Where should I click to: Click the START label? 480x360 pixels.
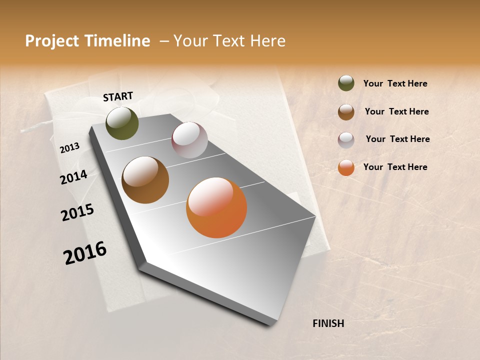118,96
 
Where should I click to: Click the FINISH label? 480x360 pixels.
328,323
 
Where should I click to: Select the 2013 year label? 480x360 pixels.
69,148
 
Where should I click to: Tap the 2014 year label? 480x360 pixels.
73,177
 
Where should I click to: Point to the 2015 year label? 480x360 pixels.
77,212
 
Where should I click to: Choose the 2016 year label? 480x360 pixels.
85,253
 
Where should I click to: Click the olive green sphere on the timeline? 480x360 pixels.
122,123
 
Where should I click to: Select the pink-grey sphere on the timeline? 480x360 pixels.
189,140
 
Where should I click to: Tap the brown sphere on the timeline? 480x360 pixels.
145,180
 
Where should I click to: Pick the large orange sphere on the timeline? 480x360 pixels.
216,207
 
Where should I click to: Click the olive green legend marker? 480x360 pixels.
346,83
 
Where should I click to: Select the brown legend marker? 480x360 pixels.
346,111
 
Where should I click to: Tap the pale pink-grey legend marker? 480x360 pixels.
346,139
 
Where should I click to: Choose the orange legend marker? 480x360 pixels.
346,167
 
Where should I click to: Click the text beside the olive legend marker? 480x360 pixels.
395,83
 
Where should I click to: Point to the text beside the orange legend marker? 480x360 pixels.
395,167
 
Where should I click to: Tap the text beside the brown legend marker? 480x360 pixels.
396,111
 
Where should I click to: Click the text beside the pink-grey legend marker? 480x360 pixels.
397,139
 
